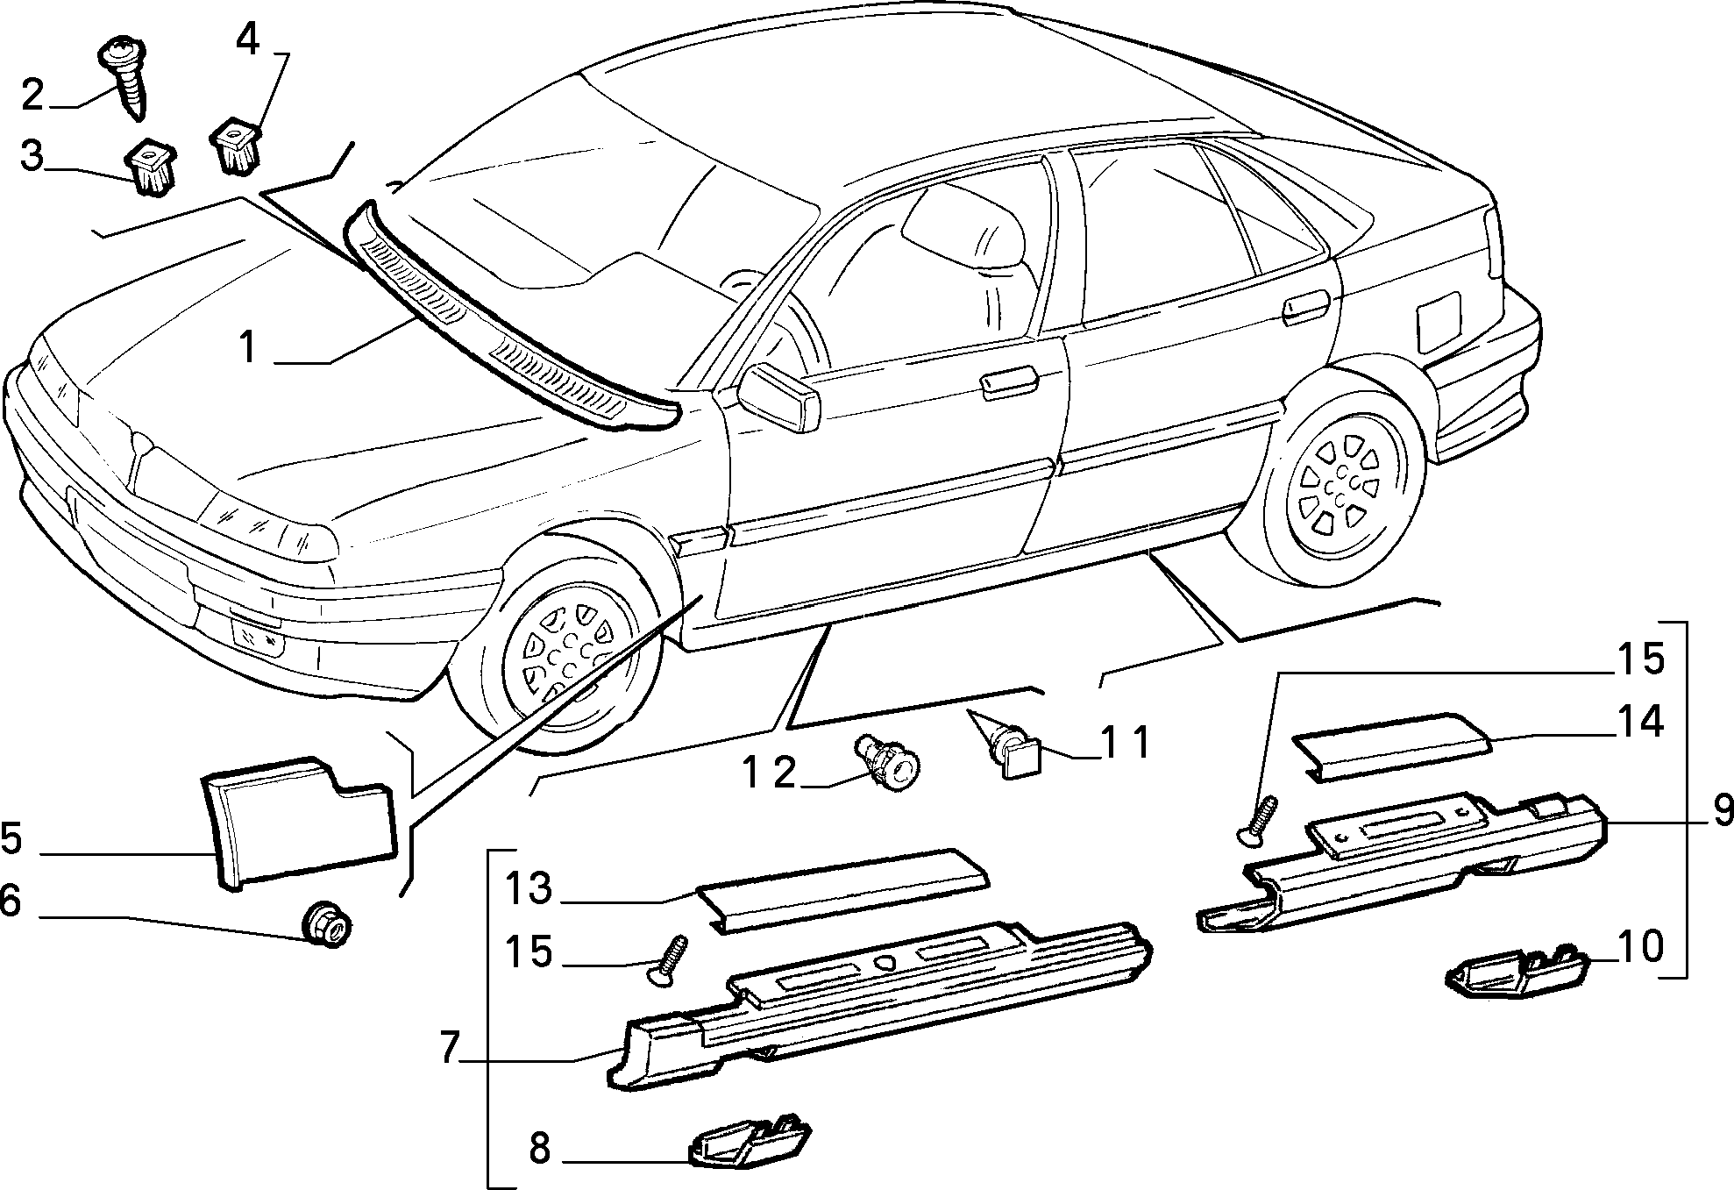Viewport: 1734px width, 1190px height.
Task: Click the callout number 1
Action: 249,348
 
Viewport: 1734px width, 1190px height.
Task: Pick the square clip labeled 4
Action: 237,146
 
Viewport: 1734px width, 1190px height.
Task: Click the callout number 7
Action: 449,1048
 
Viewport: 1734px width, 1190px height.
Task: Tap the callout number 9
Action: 1722,811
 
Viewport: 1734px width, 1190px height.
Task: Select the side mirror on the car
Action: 778,397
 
